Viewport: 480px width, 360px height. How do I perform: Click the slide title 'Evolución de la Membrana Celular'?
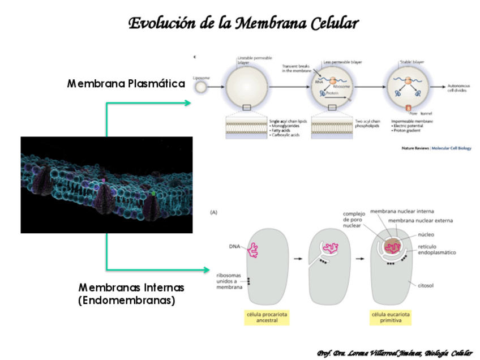[243, 23]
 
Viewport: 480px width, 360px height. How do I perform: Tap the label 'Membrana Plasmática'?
[126, 84]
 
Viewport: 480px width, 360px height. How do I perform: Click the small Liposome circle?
[201, 88]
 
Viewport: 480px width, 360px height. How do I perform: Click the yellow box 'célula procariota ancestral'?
[266, 317]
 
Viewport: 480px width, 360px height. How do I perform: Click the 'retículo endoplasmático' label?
[436, 249]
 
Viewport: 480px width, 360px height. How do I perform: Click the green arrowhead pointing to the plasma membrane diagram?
[187, 102]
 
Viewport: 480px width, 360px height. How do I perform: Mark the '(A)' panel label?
[214, 212]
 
